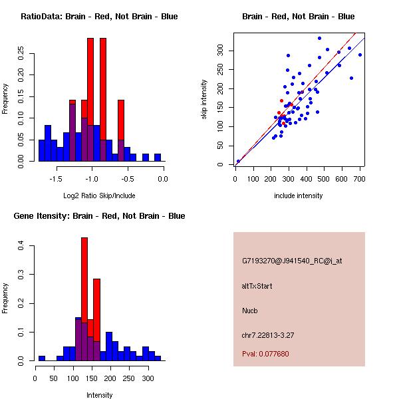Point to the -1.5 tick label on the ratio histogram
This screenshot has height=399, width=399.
tap(56, 178)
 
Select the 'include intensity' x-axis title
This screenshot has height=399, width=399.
tap(299, 196)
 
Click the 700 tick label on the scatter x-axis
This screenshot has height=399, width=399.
tap(359, 178)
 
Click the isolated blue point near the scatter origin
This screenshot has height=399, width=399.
tap(238, 161)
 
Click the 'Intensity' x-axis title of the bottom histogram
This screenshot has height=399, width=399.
tap(100, 395)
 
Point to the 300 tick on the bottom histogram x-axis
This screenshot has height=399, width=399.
tap(148, 378)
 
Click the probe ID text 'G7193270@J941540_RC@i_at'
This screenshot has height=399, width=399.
tap(292, 261)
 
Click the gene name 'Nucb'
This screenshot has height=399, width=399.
tap(250, 310)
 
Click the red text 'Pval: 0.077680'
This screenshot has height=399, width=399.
tap(265, 354)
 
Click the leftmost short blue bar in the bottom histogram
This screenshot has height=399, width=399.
tap(42, 357)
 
